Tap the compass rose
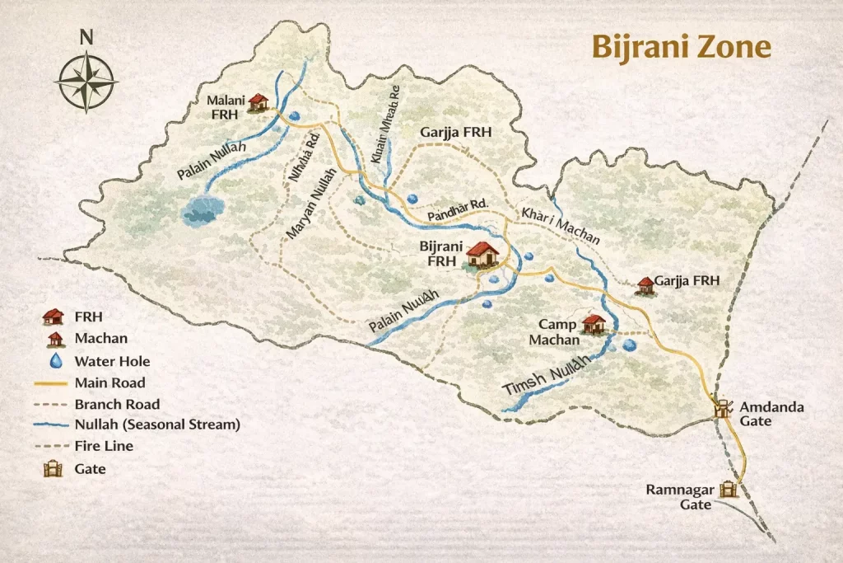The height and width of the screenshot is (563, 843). (86, 81)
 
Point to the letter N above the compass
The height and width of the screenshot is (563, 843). (86, 37)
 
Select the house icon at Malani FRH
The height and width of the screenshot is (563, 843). (258, 102)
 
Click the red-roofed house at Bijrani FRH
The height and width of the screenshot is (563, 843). (482, 254)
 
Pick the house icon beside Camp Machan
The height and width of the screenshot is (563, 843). (593, 322)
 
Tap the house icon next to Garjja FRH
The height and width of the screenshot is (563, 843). (645, 284)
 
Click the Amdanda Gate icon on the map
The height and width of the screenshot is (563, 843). (724, 409)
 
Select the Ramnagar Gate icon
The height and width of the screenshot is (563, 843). (728, 490)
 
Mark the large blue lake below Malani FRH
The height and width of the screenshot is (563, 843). (203, 210)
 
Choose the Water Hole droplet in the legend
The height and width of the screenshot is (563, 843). (55, 360)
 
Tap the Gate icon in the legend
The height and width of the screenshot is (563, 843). (54, 469)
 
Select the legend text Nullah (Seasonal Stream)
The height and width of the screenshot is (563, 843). (156, 425)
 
